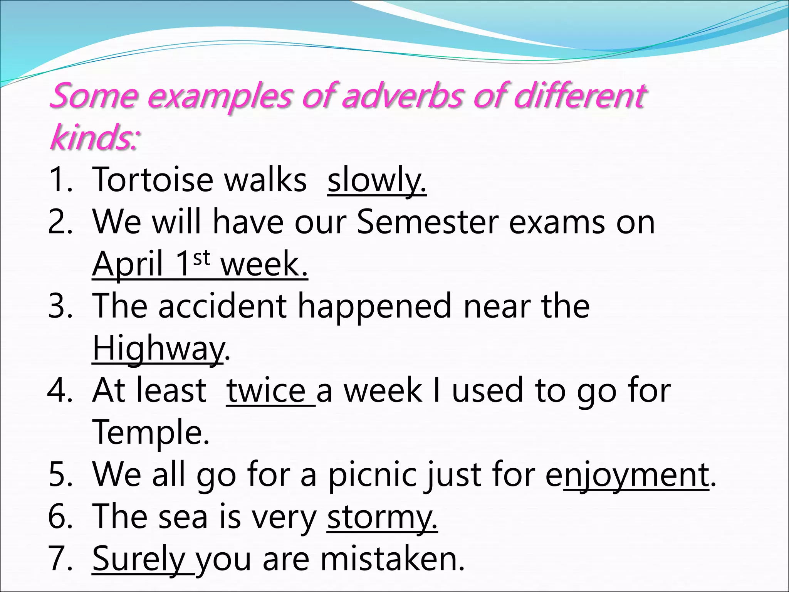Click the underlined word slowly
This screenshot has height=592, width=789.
coord(376,180)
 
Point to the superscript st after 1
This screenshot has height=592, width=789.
coord(201,257)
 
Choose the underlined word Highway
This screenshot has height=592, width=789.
coord(158,348)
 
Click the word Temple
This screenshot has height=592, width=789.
coord(151,432)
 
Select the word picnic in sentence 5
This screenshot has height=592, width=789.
coord(372,474)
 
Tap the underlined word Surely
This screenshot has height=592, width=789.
coord(139,559)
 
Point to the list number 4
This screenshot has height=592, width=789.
coord(60,390)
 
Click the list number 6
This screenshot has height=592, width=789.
coord(60,517)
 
